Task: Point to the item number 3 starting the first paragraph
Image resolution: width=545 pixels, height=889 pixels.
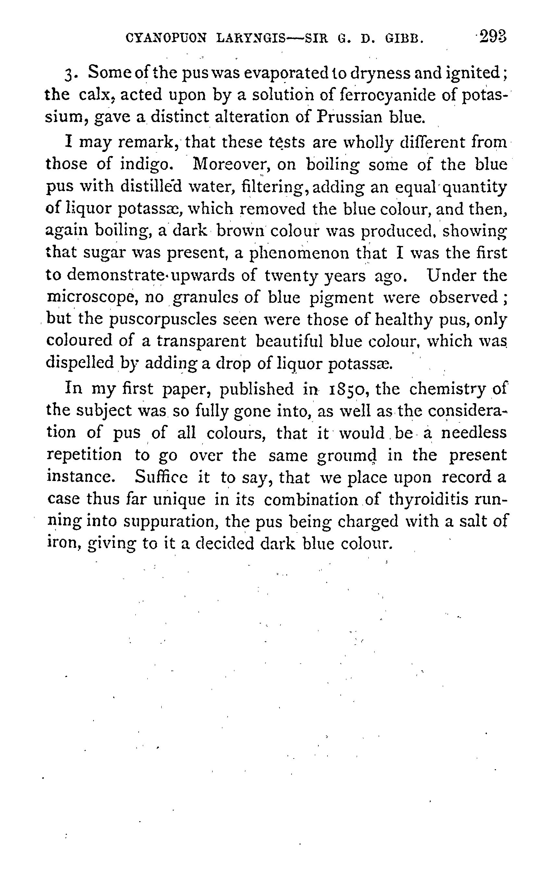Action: pos(69,73)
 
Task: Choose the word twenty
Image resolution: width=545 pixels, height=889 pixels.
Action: pos(291,276)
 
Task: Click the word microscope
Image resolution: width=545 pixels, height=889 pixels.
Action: pos(92,298)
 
